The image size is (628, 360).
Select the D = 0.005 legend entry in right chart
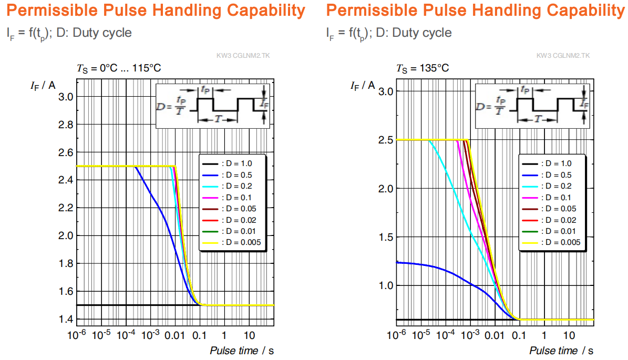click(551, 242)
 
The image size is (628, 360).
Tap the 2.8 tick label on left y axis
click(66, 125)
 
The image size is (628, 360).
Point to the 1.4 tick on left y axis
click(66, 319)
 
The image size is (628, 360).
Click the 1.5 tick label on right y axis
click(386, 237)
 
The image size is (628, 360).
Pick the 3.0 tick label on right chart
click(386, 91)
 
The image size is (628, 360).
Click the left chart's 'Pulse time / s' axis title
click(242, 351)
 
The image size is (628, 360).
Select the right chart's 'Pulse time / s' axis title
click(561, 351)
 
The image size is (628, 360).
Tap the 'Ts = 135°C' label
click(423, 68)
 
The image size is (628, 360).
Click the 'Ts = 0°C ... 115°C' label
click(119, 68)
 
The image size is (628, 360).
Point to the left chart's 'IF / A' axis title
click(43, 86)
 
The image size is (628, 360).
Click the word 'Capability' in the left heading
click(266, 11)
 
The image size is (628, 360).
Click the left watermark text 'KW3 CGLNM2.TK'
click(243, 56)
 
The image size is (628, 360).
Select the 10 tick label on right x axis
click(569, 335)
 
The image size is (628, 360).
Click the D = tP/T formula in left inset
click(171, 106)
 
